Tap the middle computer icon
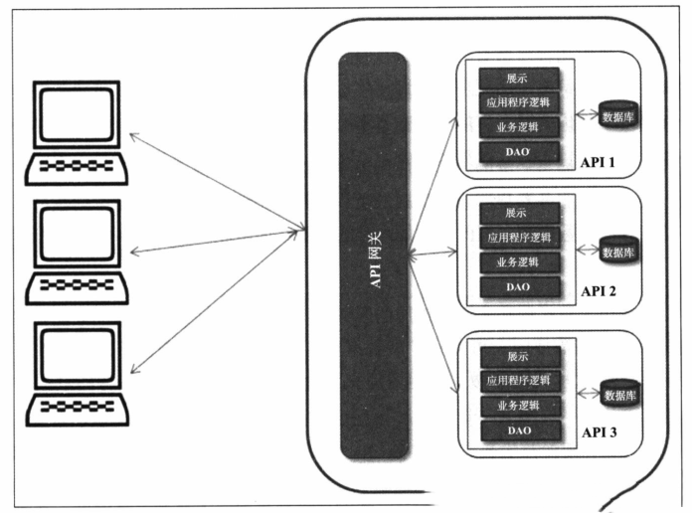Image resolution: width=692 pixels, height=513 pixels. point(78,252)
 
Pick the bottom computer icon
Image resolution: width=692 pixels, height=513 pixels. point(78,373)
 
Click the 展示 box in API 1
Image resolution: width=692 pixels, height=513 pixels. point(516,78)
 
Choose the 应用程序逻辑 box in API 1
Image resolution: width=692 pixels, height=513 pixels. point(516,102)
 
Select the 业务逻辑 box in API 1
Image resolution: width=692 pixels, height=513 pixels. point(516,127)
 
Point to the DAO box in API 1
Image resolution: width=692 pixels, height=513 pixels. point(516,152)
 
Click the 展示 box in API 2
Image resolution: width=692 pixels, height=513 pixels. point(516,213)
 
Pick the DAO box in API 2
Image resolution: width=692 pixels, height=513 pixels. point(516,286)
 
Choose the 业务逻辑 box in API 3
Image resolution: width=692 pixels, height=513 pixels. point(516,406)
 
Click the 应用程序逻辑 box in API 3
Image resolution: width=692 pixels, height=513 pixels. point(516,381)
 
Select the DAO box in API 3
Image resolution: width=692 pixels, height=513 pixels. point(516,430)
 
